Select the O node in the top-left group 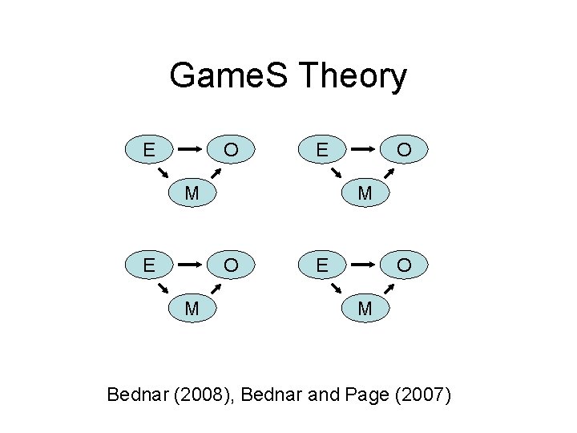(231, 149)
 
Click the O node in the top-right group (405, 149)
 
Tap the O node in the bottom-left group (231, 265)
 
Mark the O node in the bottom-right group (405, 265)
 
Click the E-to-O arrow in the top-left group (190, 149)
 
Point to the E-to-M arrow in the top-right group (337, 174)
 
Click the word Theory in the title (352, 77)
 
